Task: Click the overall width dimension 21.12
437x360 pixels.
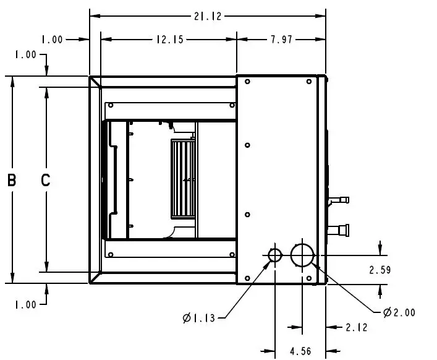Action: point(208,17)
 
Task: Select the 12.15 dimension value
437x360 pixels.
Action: point(168,40)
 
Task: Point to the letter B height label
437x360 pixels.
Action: point(12,181)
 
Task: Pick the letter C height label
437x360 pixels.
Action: point(45,181)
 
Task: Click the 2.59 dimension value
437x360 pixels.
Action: point(380,270)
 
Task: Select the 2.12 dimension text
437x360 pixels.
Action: point(357,327)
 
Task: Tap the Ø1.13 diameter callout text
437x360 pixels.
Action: point(199,319)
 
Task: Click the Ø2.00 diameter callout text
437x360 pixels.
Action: point(399,312)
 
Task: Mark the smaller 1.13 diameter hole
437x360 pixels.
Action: point(275,255)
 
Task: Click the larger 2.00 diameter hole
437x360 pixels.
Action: point(302,255)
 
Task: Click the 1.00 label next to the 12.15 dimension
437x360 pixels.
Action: point(52,40)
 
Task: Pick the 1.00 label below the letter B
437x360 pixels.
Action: point(25,304)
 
